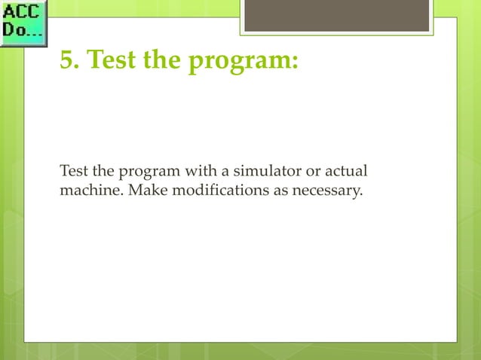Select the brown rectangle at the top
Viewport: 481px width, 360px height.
[336, 15]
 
